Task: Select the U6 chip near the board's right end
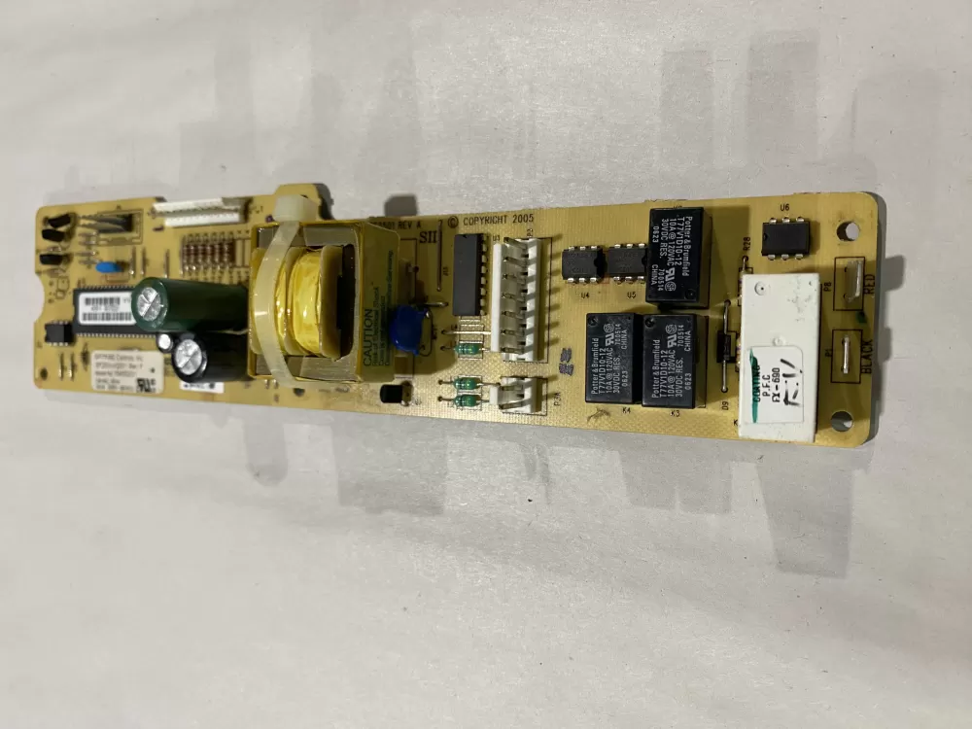click(783, 236)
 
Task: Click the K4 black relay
click(609, 358)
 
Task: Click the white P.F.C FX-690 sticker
click(779, 356)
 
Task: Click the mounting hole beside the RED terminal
click(850, 231)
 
